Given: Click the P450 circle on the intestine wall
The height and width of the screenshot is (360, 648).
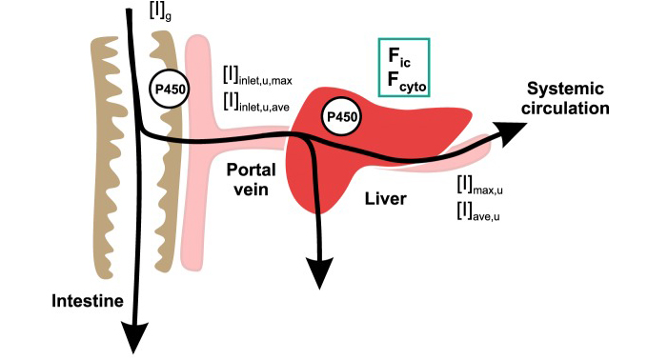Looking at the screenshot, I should pyautogui.click(x=172, y=89).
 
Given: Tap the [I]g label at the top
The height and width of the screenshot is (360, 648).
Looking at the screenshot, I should pyautogui.click(x=161, y=11).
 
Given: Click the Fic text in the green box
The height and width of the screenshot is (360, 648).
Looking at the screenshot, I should pyautogui.click(x=402, y=55).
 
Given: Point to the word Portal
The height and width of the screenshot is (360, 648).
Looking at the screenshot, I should pyautogui.click(x=250, y=169).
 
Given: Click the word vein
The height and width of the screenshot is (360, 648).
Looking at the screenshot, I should pyautogui.click(x=250, y=189).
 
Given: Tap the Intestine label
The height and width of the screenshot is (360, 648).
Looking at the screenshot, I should pyautogui.click(x=63, y=302).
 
